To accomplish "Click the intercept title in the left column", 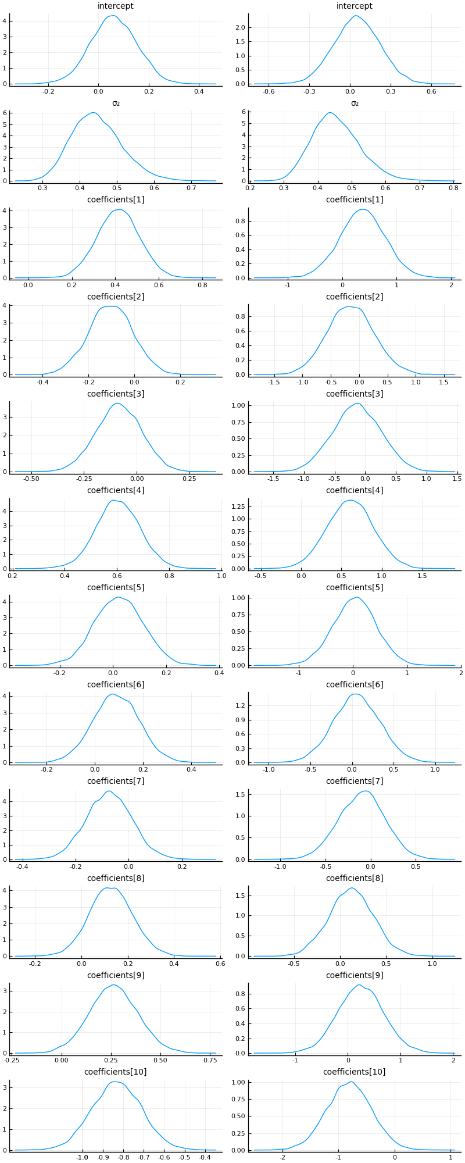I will click(x=116, y=6).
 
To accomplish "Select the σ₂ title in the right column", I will click(x=355, y=104).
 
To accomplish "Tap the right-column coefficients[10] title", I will click(x=355, y=1072).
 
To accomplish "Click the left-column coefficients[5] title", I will click(x=116, y=587).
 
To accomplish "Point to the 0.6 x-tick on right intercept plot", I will click(x=431, y=91).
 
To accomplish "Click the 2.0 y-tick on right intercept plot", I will click(x=240, y=27).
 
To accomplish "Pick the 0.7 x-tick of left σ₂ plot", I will click(x=191, y=188).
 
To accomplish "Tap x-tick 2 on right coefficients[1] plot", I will click(x=451, y=286).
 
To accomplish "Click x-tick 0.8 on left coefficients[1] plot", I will click(x=202, y=286).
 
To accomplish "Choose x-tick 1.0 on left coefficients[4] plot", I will click(x=221, y=576).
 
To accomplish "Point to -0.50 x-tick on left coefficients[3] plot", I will click(x=31, y=479).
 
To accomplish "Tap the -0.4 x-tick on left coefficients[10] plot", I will click(x=205, y=1158).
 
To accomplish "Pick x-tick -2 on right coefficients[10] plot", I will click(x=282, y=1158).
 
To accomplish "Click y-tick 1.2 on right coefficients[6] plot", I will click(x=240, y=705).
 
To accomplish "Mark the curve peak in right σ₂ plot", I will click(x=330, y=113).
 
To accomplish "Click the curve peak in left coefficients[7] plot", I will click(x=109, y=791).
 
